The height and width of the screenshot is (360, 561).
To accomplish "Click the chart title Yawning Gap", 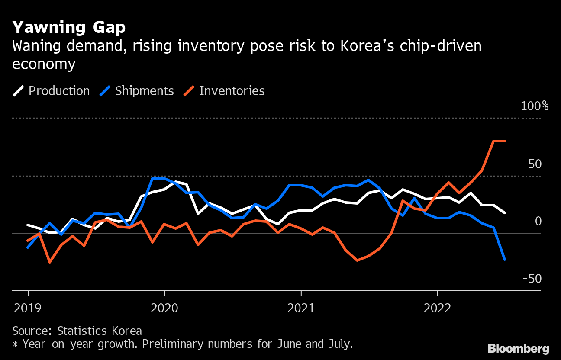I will pyautogui.click(x=69, y=28).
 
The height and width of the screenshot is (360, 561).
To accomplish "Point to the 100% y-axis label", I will pyautogui.click(x=534, y=106).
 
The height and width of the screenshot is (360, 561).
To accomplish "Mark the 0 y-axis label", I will pyautogui.click(x=538, y=222).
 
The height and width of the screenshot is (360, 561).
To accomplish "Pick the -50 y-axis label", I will pyautogui.click(x=532, y=279).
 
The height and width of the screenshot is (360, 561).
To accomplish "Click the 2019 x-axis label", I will pyautogui.click(x=28, y=308).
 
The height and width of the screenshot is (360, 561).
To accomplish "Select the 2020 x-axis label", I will pyautogui.click(x=164, y=308).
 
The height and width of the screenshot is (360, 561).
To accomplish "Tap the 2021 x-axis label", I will pyautogui.click(x=301, y=308).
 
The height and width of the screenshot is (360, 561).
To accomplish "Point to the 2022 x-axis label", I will pyautogui.click(x=438, y=308).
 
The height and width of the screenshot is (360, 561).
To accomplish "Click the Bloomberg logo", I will pyautogui.click(x=518, y=349).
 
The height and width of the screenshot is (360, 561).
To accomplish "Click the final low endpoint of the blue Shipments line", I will pyautogui.click(x=505, y=260).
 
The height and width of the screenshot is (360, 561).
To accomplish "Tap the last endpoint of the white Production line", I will pyautogui.click(x=505, y=212).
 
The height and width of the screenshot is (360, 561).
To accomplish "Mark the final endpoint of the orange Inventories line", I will pyautogui.click(x=505, y=141).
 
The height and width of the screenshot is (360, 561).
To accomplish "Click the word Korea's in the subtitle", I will pyautogui.click(x=374, y=46).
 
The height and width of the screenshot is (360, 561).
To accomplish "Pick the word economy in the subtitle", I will pyautogui.click(x=44, y=64).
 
